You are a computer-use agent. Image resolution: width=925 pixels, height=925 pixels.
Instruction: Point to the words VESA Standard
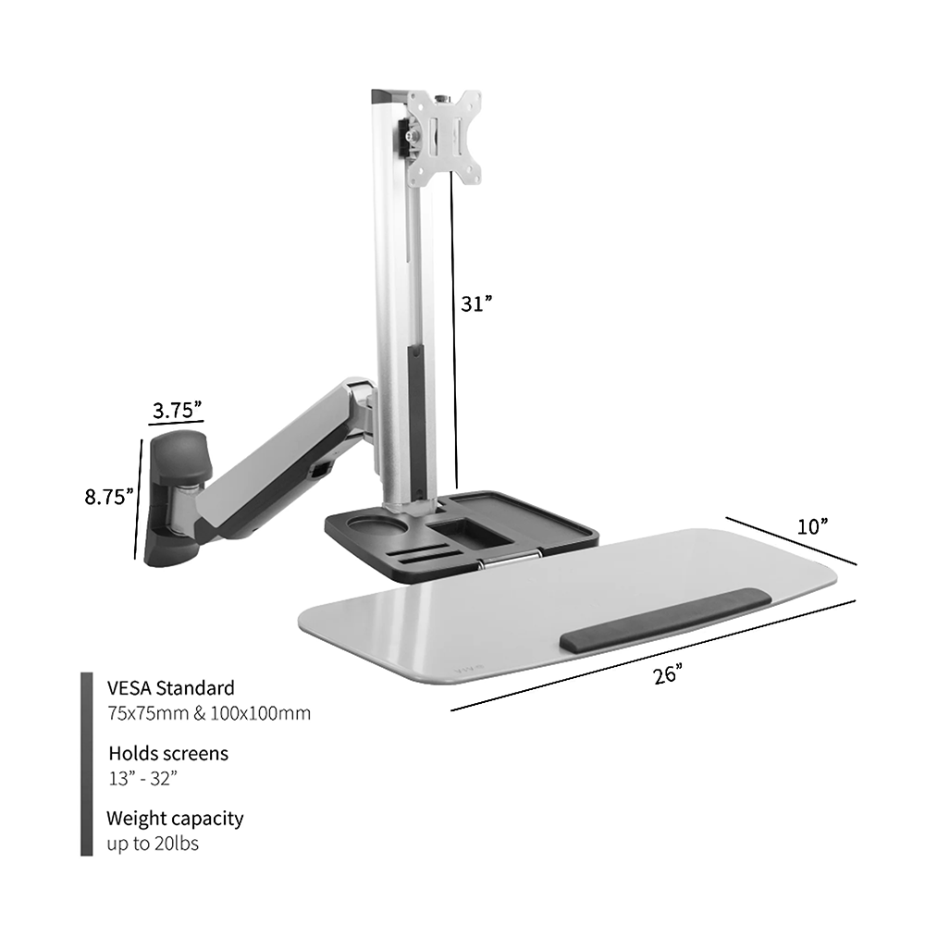170,688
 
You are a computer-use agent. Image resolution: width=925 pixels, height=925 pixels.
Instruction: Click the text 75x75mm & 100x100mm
208,713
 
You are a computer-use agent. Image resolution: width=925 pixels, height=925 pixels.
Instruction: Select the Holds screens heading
167,753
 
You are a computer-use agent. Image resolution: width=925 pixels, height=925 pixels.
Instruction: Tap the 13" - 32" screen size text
142,778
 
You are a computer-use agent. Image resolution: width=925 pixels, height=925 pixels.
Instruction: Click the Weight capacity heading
175,818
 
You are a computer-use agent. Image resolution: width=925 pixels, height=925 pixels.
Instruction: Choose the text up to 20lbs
153,843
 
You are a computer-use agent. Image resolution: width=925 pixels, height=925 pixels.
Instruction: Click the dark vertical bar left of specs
86,764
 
